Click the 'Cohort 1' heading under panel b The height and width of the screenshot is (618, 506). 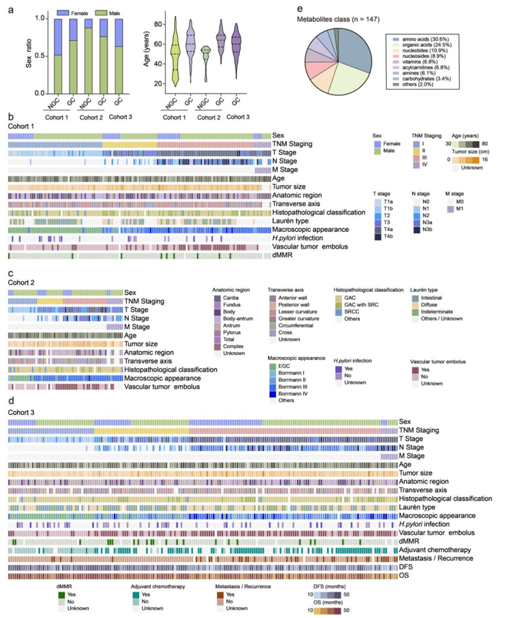(21, 125)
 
